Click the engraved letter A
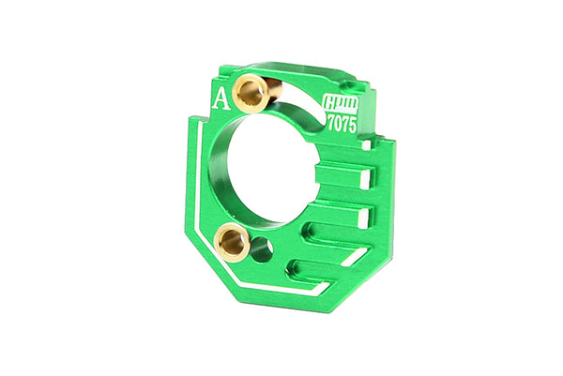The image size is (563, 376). click(x=221, y=101)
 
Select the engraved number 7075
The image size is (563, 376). click(x=342, y=125)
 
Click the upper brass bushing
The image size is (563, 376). click(x=251, y=92)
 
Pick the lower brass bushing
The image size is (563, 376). click(x=231, y=244)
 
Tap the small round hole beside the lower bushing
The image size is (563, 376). click(x=263, y=249)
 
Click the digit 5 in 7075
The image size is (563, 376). click(x=352, y=126)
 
